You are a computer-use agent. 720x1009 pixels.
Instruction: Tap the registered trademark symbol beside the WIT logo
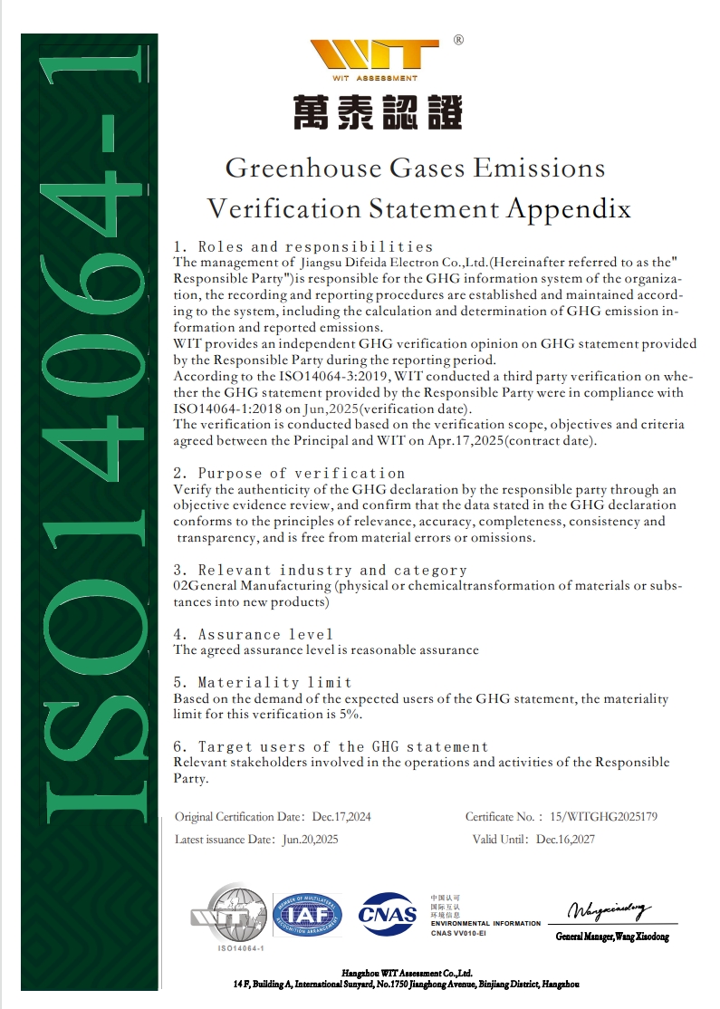pos(458,40)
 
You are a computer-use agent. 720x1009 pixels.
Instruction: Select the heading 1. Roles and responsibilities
pos(302,246)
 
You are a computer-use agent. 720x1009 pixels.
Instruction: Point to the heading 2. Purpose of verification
pos(289,473)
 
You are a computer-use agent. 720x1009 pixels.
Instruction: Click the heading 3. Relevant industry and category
pos(320,570)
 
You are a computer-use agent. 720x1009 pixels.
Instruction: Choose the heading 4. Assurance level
pos(253,634)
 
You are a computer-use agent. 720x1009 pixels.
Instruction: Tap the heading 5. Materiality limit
pos(262,682)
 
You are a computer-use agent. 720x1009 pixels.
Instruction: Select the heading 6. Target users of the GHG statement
pos(331,746)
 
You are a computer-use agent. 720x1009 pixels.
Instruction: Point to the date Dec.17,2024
pos(341,816)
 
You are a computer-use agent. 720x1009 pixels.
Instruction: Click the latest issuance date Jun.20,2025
pos(310,840)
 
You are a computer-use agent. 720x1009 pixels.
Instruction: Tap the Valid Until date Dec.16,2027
pos(565,840)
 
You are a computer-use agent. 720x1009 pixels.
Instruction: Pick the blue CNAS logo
pos(388,914)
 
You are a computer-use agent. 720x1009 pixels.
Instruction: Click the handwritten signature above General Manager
pos(610,909)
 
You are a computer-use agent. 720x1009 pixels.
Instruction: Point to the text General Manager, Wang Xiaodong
pos(612,936)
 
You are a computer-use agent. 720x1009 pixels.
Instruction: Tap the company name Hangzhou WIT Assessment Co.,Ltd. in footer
pos(407,972)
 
